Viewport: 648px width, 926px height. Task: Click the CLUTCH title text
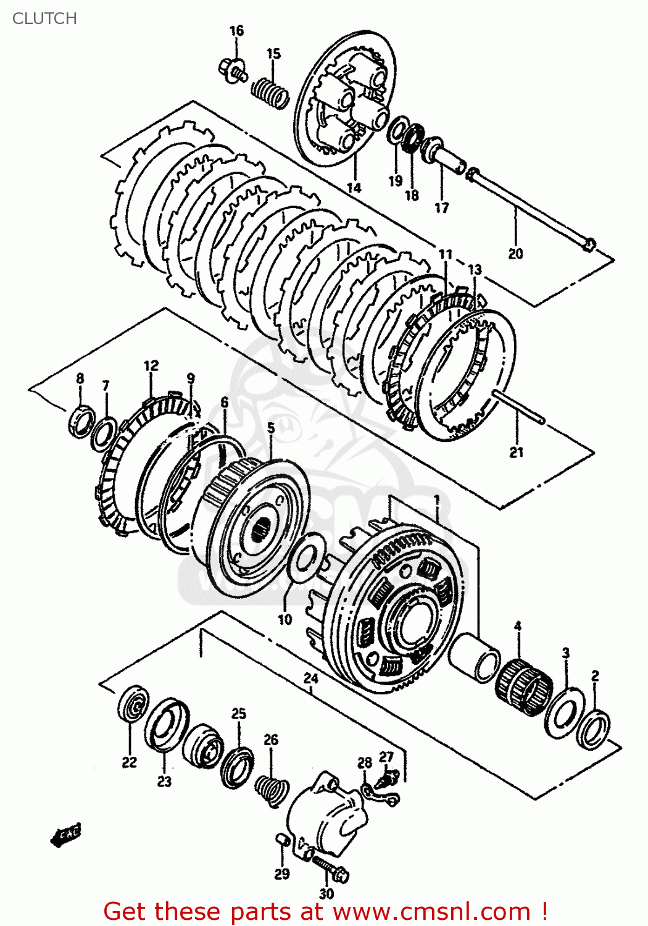(44, 19)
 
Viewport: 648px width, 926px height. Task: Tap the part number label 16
(236, 31)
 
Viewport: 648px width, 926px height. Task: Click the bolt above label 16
(233, 69)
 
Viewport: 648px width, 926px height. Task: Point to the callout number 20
(515, 253)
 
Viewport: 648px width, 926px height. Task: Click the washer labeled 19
(396, 131)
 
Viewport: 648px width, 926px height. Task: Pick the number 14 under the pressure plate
(354, 188)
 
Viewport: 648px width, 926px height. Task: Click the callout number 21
(516, 452)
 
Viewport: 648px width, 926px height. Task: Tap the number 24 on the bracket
(311, 678)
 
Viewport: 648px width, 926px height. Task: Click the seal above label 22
(133, 703)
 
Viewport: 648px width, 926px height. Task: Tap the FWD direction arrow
(67, 836)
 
